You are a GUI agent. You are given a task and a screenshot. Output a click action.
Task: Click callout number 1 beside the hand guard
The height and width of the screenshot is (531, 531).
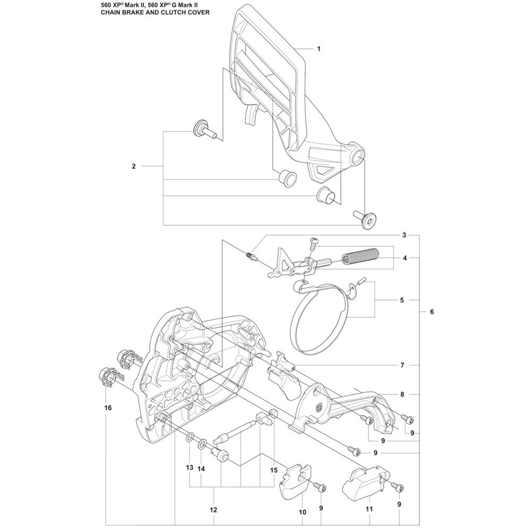pyautogui.click(x=318, y=49)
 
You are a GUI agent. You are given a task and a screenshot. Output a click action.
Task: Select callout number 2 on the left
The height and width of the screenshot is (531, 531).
pyautogui.click(x=134, y=166)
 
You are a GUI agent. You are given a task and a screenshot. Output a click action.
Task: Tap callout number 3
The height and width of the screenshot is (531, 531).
pyautogui.click(x=404, y=235)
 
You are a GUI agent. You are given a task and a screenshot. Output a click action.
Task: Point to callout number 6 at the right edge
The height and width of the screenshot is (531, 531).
pyautogui.click(x=432, y=312)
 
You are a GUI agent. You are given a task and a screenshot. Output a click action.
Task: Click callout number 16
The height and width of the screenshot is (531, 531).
pyautogui.click(x=108, y=408)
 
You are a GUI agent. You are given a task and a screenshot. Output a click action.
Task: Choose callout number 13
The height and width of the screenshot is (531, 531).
pyautogui.click(x=190, y=468)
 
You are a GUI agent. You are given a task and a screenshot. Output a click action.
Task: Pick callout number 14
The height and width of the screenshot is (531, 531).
pyautogui.click(x=201, y=469)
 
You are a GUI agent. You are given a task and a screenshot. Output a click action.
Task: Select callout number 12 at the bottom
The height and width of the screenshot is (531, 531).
pyautogui.click(x=213, y=510)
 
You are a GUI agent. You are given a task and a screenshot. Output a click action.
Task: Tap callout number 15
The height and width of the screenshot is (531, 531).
pyautogui.click(x=273, y=470)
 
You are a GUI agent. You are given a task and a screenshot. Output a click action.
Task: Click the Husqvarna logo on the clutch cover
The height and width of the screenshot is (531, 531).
pyautogui.click(x=318, y=408)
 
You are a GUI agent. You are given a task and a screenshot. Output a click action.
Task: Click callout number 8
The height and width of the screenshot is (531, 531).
pyautogui.click(x=402, y=395)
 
